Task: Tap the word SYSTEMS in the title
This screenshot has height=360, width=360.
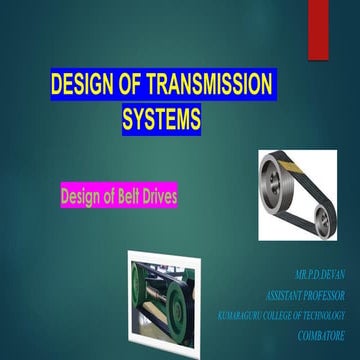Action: click(161, 120)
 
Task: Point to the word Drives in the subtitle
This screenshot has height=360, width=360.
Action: click(157, 196)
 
